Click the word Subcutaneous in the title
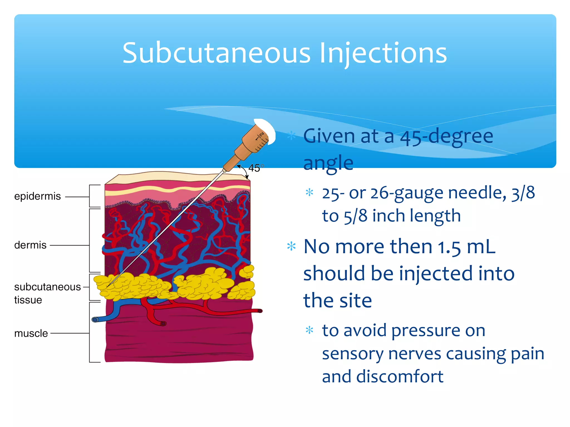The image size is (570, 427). tap(216, 53)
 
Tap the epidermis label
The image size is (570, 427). tap(37, 196)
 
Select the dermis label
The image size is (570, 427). tap(30, 245)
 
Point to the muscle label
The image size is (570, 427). tap(31, 333)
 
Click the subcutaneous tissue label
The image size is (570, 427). tap(47, 293)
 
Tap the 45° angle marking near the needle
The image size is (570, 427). tap(255, 168)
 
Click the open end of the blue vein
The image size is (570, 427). tap(95, 320)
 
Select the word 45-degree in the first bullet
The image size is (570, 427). tap(446, 136)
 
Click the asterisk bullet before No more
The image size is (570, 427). tap(291, 247)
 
